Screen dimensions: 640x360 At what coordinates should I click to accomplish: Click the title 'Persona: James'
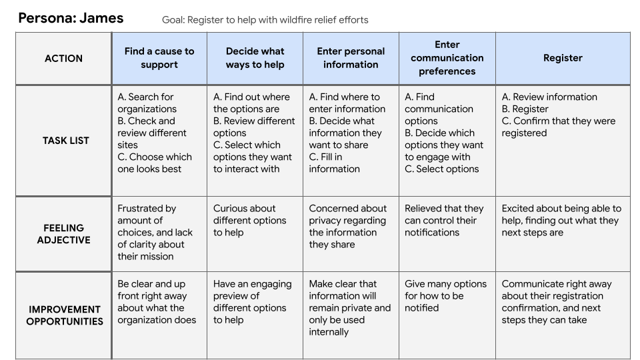[71, 18]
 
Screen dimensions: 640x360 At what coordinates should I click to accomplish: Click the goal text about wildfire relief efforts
[265, 20]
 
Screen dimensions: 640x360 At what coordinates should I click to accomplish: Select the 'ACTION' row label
[64, 59]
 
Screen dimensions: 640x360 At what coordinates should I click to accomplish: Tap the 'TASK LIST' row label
[66, 141]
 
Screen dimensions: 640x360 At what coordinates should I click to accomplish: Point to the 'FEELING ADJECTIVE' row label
[64, 234]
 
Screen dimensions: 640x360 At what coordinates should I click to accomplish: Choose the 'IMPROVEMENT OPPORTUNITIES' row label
[65, 315]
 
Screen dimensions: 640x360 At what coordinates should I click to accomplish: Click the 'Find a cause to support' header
[159, 58]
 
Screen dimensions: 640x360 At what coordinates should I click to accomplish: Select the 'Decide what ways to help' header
[255, 58]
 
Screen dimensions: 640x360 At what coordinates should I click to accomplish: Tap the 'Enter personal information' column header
[351, 58]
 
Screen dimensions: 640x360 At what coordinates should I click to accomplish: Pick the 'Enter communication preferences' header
[447, 58]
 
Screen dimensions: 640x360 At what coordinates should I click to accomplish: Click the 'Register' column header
[563, 58]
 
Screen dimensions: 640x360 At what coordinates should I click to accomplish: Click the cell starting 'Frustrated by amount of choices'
[155, 232]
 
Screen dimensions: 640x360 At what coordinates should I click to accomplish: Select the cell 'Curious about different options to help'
[250, 221]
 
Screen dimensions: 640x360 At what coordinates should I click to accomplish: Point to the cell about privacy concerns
[348, 226]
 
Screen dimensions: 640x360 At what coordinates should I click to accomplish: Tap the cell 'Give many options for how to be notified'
[446, 295]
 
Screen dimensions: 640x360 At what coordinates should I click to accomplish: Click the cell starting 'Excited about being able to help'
[561, 221]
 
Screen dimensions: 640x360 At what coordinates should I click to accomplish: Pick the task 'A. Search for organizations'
[147, 103]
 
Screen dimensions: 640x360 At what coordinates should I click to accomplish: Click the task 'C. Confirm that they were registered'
[559, 127]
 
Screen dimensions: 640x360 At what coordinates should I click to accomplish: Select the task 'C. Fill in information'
[334, 163]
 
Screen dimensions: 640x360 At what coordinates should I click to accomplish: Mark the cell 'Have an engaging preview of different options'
[252, 301]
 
